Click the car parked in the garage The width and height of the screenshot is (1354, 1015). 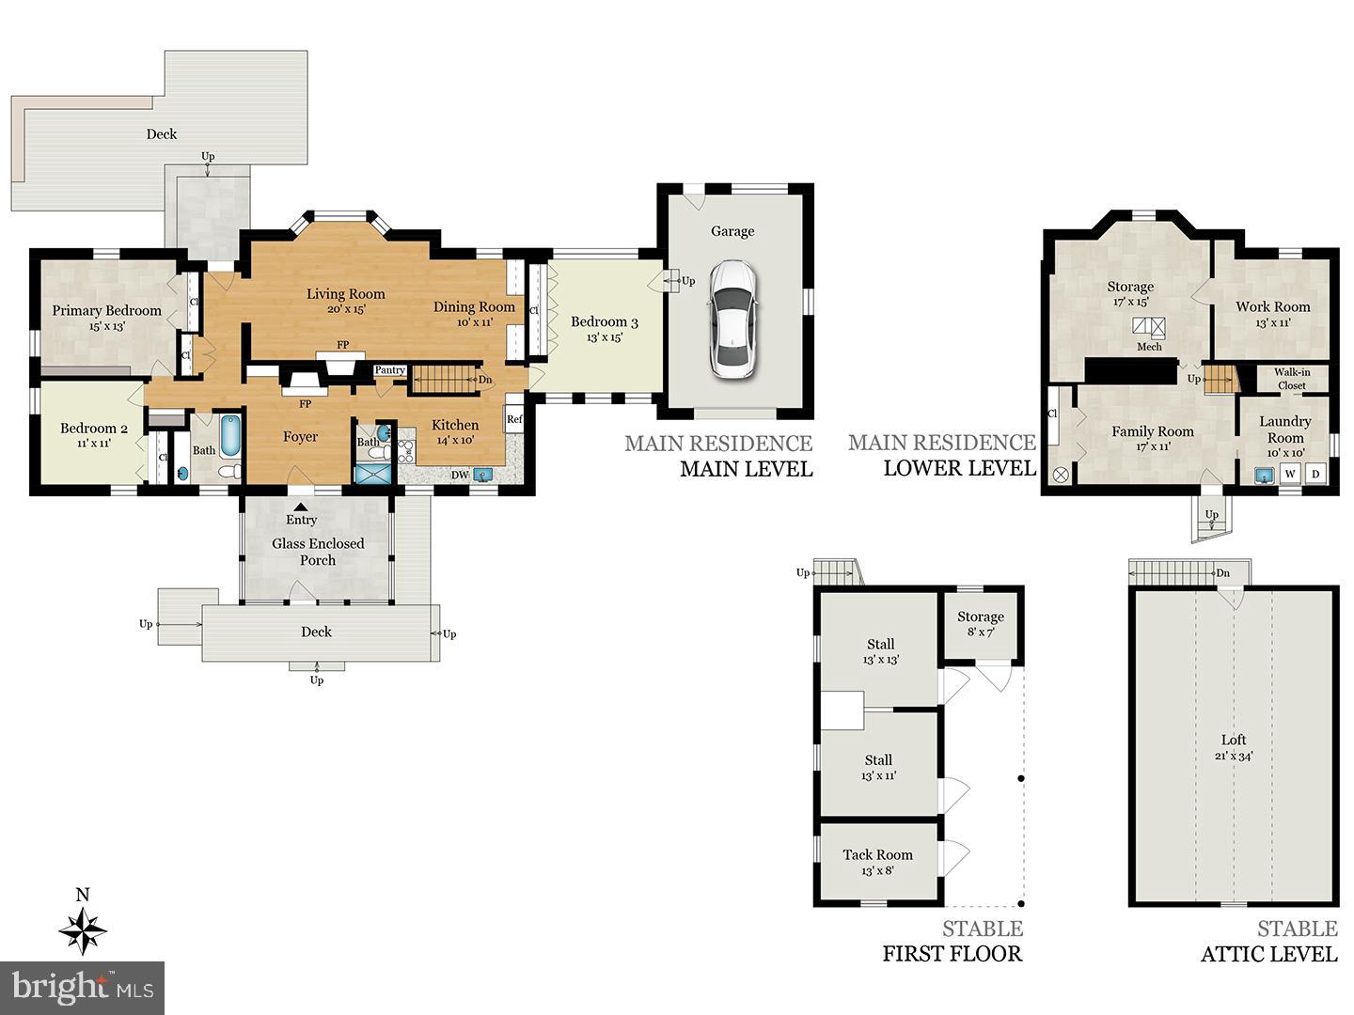click(732, 320)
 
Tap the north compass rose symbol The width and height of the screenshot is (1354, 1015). click(83, 930)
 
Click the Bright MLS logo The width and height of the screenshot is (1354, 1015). click(82, 987)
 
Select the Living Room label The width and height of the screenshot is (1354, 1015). click(345, 294)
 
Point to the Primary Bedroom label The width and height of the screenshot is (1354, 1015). click(106, 310)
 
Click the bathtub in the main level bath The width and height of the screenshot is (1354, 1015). click(230, 436)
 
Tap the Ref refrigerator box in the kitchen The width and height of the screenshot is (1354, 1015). click(514, 419)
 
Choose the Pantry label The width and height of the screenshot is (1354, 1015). click(390, 369)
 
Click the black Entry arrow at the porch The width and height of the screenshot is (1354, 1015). click(300, 507)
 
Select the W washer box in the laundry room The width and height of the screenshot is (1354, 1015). click(1290, 474)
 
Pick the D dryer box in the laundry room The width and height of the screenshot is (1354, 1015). click(1315, 474)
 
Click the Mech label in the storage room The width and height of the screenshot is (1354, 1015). click(1149, 347)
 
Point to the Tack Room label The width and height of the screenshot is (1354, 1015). click(878, 855)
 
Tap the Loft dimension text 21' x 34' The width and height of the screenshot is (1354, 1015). click(1234, 756)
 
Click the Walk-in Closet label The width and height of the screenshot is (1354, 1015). click(1292, 379)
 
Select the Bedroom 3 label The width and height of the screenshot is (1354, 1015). click(605, 321)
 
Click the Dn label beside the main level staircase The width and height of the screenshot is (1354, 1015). click(485, 380)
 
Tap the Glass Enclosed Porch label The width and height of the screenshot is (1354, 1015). click(318, 552)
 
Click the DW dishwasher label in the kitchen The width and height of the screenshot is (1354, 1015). click(460, 476)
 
